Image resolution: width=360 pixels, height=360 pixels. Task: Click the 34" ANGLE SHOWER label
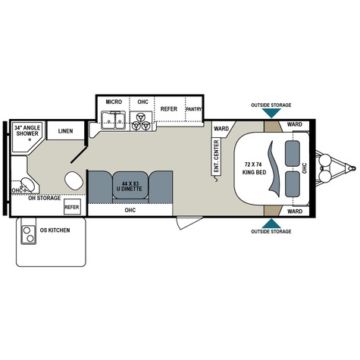(27, 130)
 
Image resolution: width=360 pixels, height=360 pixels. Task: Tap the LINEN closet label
(65, 131)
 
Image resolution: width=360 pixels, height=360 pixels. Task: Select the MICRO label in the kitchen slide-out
(114, 102)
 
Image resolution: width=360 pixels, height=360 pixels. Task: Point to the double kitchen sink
(114, 120)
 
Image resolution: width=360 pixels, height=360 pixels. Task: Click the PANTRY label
(194, 109)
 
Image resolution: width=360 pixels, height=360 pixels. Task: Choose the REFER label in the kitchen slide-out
(169, 109)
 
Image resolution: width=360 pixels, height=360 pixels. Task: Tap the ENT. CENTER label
(216, 156)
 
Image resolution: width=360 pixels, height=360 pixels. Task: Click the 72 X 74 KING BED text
(255, 168)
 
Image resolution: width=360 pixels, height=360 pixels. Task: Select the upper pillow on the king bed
(293, 153)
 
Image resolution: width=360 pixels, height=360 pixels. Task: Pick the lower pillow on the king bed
(293, 184)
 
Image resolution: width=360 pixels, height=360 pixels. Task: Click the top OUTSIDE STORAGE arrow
(271, 113)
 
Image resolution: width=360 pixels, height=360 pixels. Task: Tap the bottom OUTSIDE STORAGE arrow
(271, 224)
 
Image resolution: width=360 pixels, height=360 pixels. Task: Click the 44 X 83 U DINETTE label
(132, 186)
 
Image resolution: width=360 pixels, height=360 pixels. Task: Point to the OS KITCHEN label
(55, 230)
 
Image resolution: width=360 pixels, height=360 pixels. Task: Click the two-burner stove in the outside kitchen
(28, 234)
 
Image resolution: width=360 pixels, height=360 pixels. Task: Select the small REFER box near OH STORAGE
(72, 207)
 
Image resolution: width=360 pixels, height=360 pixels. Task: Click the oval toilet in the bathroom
(74, 180)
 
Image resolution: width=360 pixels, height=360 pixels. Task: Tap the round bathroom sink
(27, 185)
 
